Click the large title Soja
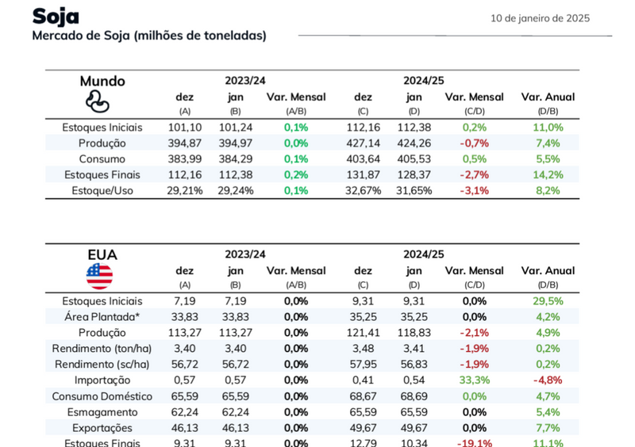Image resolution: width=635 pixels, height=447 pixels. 56,17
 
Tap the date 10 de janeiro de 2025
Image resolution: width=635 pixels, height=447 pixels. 540,18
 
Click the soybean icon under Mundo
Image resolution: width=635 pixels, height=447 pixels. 97,101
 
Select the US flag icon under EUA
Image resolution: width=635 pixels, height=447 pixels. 99,276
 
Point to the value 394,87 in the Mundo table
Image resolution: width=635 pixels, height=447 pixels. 185,143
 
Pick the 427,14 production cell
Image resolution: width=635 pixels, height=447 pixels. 363,143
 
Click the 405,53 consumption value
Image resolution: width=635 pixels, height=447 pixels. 414,159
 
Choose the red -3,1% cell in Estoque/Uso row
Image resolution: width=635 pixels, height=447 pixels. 474,191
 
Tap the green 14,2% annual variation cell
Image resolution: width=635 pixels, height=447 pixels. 548,175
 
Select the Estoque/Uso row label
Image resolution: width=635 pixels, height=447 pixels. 102,191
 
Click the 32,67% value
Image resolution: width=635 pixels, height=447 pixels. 363,191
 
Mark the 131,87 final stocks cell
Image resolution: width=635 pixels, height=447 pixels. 363,175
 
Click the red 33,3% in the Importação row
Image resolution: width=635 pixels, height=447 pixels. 474,380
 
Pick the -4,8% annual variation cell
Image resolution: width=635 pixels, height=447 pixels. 548,380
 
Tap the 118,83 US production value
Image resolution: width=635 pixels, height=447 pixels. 414,333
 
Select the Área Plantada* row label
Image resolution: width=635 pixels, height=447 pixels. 102,317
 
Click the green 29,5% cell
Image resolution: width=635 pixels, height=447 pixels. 548,301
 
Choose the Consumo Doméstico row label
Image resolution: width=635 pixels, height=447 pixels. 97,396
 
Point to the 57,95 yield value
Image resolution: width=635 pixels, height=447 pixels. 363,365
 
